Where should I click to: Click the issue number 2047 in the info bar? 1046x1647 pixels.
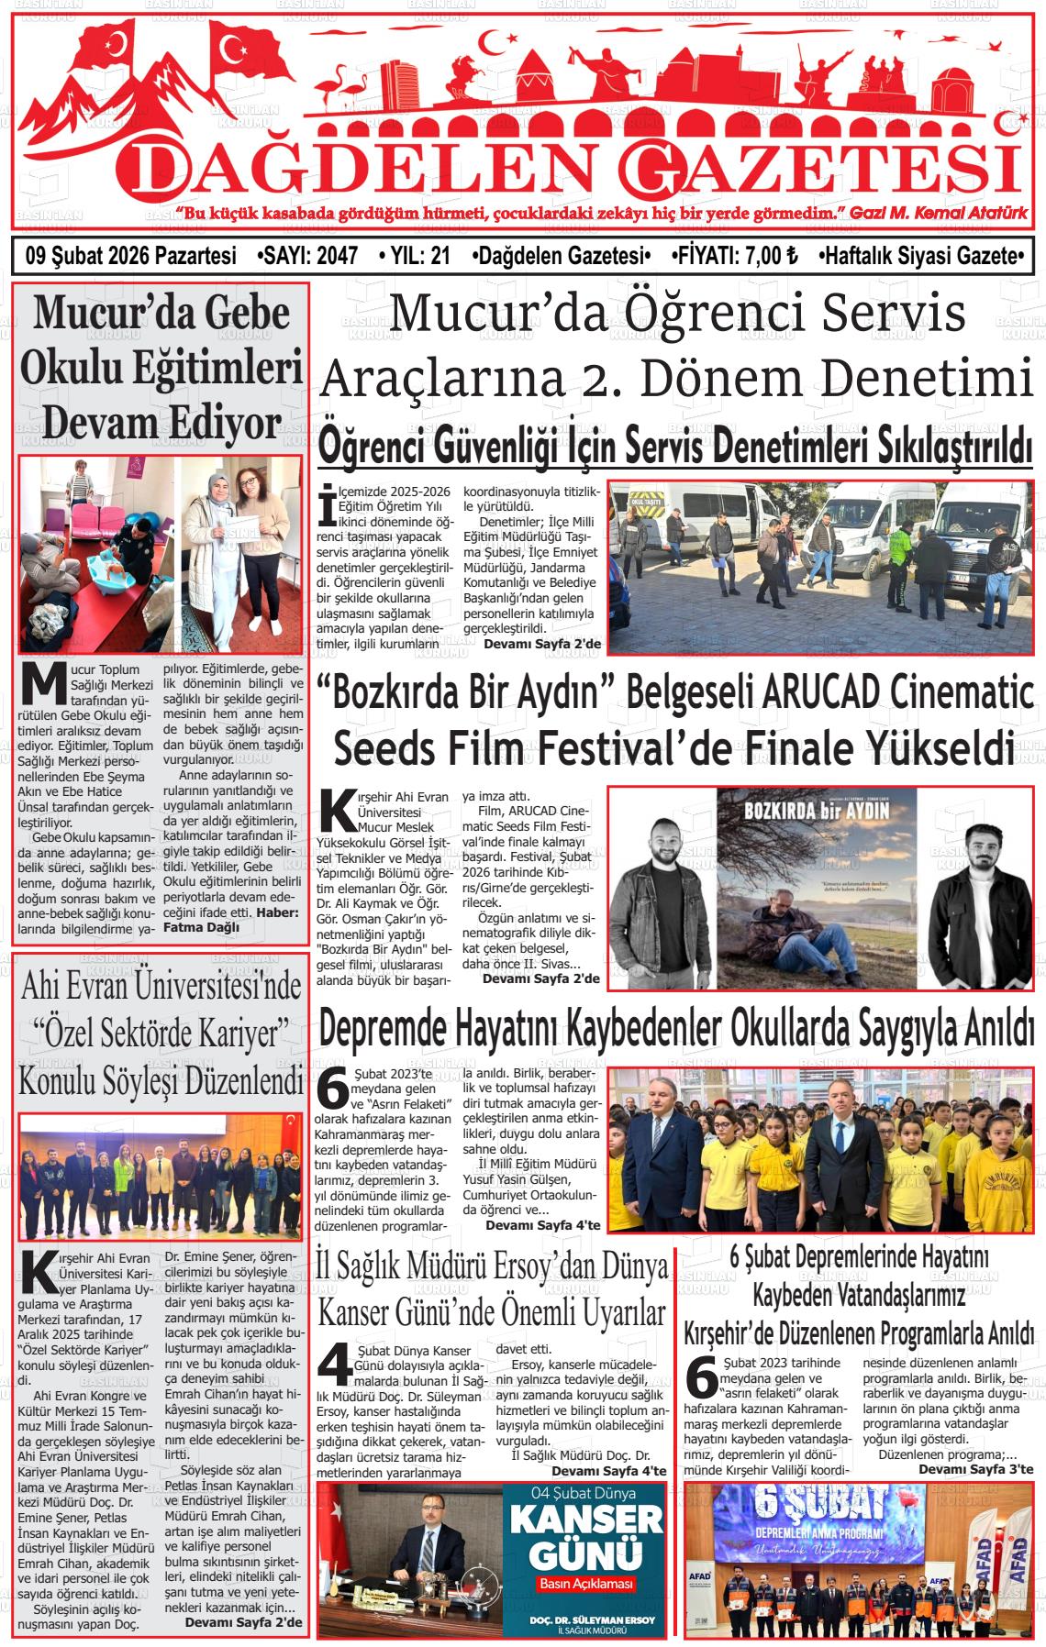click(336, 256)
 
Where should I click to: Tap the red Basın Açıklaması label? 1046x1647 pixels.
click(587, 1586)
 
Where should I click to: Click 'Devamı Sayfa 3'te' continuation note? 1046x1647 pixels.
click(975, 1468)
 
